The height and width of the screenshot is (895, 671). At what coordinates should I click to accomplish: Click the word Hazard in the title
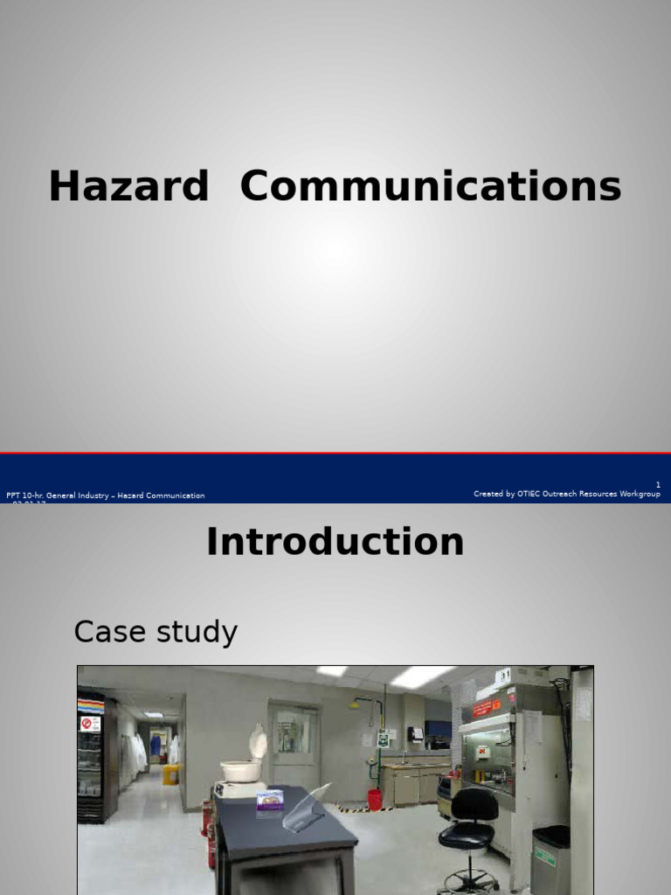click(128, 187)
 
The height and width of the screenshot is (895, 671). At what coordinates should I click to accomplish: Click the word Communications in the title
click(430, 187)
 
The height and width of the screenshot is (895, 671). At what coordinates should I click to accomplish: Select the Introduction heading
click(335, 542)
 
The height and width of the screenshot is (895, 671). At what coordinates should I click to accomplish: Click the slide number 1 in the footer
click(658, 485)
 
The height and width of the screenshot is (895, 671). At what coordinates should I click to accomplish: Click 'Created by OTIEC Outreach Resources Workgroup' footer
click(566, 494)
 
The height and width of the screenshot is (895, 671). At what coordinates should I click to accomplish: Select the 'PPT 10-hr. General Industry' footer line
click(105, 496)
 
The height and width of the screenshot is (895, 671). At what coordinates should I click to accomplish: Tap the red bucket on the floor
click(375, 799)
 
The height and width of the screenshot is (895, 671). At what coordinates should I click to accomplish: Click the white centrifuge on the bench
click(241, 766)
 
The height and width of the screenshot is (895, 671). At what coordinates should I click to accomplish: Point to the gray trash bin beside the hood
click(550, 860)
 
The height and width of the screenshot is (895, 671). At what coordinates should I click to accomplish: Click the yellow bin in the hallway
click(169, 774)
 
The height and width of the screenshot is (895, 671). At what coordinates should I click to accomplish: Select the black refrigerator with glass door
click(95, 757)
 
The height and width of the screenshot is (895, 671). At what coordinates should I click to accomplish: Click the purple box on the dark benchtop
click(270, 799)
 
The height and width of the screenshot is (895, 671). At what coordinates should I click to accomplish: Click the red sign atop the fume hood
click(487, 704)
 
